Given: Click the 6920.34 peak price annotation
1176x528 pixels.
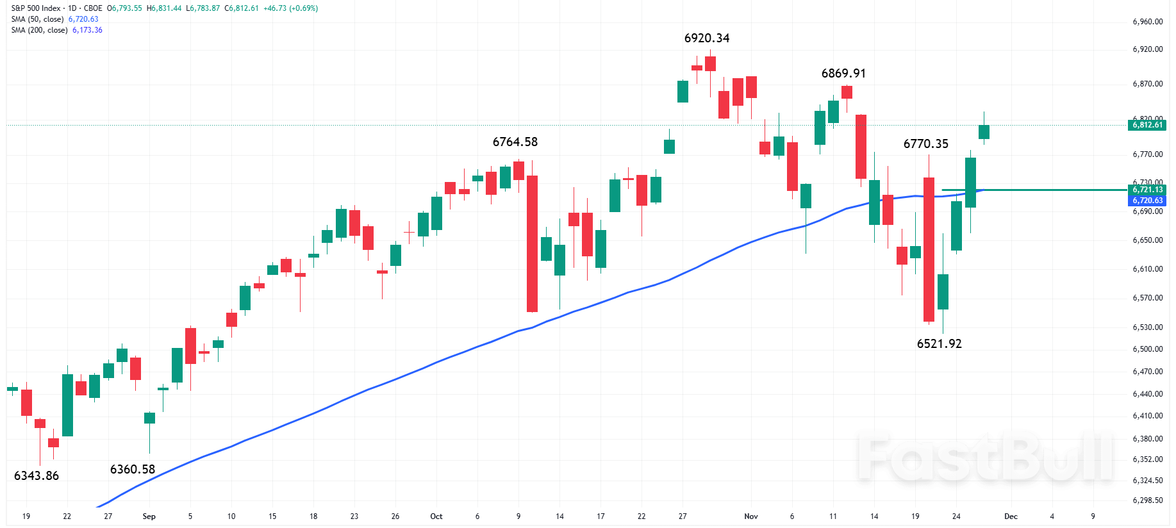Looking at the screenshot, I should tap(707, 38).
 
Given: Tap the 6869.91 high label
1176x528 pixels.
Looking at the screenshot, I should tap(843, 74).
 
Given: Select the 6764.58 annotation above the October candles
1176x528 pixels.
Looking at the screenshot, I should tap(515, 142).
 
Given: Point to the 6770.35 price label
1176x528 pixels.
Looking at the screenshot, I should tap(926, 144).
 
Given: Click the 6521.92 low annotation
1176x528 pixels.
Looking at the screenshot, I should tap(940, 344).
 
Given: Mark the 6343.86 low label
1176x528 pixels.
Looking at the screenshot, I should tap(37, 476).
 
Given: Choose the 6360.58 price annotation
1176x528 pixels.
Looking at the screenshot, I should tap(133, 470).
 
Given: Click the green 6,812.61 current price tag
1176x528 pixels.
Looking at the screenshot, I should tap(1147, 125).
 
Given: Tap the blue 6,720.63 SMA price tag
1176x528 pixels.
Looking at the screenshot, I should tap(1147, 201).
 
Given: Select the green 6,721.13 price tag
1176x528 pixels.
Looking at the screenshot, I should tap(1147, 190).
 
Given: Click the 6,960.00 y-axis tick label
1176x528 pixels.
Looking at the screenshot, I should tap(1147, 22).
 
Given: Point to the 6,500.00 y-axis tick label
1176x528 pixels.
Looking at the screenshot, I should tap(1147, 349).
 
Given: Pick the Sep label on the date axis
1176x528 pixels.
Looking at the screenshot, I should tap(149, 516).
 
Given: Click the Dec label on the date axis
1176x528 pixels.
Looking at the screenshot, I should tap(1011, 516).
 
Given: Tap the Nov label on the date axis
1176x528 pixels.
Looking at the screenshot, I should tap(751, 516).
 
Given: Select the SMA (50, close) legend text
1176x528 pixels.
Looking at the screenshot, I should tap(37, 19).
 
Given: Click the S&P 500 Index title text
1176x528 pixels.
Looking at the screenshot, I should tap(36, 8).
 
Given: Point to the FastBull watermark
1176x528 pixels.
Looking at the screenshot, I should tap(985, 458).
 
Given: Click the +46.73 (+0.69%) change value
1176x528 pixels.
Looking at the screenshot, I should tap(290, 8).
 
